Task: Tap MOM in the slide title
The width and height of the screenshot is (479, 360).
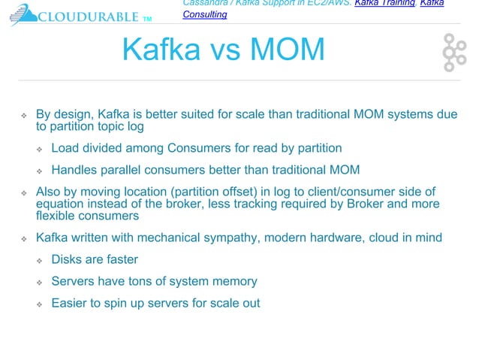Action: (286, 50)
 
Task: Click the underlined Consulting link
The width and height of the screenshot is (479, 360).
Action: (206, 14)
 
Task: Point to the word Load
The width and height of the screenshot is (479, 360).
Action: (65, 148)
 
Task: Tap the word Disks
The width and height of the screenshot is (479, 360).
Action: (68, 260)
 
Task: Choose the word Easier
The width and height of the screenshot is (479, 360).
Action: (71, 303)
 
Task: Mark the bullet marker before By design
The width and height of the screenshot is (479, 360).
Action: (24, 115)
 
